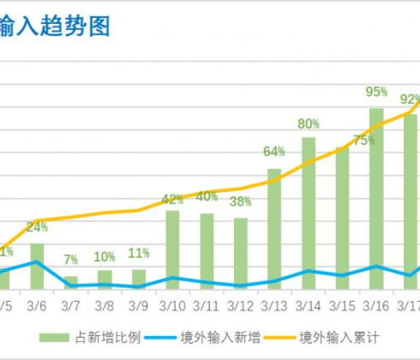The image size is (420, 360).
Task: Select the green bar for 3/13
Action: [274, 228]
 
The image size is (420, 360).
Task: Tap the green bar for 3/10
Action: [173, 249]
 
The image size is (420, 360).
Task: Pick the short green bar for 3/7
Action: [71, 282]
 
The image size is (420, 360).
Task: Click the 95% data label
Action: [376, 92]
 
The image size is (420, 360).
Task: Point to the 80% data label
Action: [308, 124]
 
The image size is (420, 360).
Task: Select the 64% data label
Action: [274, 152]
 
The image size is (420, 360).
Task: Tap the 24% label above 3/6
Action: [37, 227]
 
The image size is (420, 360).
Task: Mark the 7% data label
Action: [71, 260]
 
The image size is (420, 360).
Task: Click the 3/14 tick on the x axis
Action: [308, 306]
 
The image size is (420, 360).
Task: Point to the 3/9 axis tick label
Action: [139, 306]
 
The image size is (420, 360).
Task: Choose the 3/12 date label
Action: [241, 306]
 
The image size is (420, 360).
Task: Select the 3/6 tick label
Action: [37, 306]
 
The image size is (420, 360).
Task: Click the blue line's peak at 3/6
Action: [37, 262]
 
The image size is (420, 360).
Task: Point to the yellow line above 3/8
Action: [104, 213]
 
